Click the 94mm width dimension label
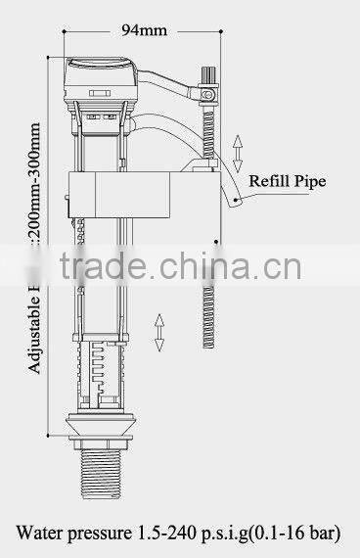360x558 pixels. coord(144,29)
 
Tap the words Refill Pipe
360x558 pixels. coord(289,180)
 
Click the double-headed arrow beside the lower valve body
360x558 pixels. coord(159,333)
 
